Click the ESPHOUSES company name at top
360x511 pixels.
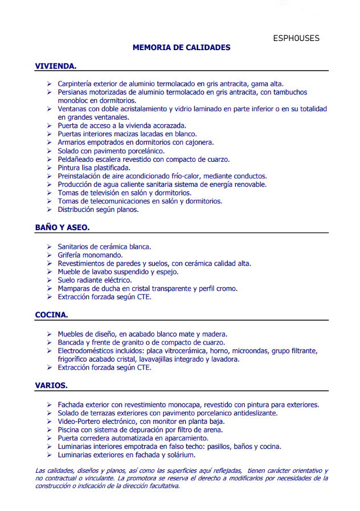(x=296, y=39)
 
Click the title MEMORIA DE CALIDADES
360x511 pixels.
(x=181, y=48)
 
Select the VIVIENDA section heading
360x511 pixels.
(x=56, y=66)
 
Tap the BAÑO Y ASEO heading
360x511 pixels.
(x=62, y=228)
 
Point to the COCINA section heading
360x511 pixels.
(x=52, y=314)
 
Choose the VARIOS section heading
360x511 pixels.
(x=51, y=386)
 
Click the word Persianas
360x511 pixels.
(x=73, y=92)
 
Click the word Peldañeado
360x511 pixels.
(x=77, y=160)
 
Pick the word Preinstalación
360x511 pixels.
(x=81, y=176)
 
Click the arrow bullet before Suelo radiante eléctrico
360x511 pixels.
(x=50, y=280)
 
